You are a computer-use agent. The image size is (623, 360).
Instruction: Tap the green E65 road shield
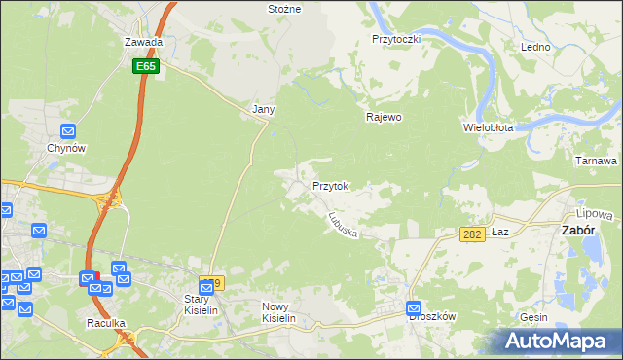click(x=146, y=66)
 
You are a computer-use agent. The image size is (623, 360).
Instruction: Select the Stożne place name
click(x=284, y=9)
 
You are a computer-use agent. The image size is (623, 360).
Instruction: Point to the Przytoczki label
click(x=395, y=39)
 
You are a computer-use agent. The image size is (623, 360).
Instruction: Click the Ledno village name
click(x=535, y=47)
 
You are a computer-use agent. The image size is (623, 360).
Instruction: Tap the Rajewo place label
click(x=384, y=118)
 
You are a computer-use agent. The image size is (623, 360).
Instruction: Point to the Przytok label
click(x=330, y=185)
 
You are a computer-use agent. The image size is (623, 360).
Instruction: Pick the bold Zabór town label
click(x=580, y=231)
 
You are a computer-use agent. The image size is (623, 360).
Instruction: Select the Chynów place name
click(x=68, y=148)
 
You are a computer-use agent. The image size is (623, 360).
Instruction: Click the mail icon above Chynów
click(x=68, y=131)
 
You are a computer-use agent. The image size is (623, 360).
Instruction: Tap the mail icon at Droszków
click(x=415, y=308)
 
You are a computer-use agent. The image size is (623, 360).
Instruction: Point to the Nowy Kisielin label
click(x=278, y=312)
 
